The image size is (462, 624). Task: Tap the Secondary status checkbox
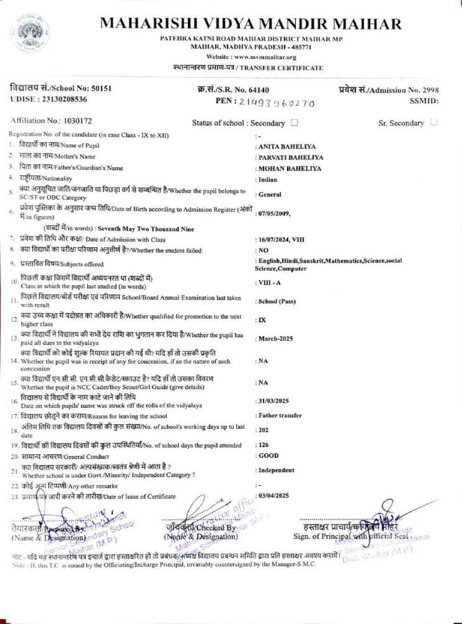294,123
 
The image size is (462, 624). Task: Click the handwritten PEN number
277,103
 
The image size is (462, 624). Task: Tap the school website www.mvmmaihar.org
265,57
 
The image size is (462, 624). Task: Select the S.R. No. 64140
259,90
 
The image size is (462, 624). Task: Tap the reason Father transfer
280,416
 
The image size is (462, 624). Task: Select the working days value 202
263,430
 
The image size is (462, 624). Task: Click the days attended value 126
263,445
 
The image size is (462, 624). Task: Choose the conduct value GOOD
268,456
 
